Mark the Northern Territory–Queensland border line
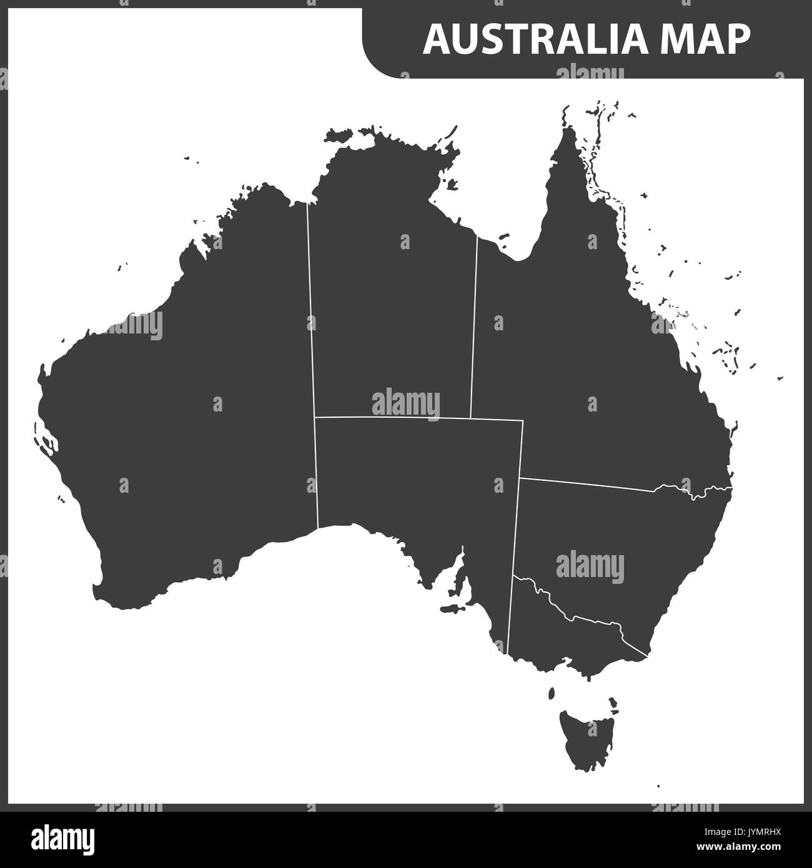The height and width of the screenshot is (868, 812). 474,325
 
